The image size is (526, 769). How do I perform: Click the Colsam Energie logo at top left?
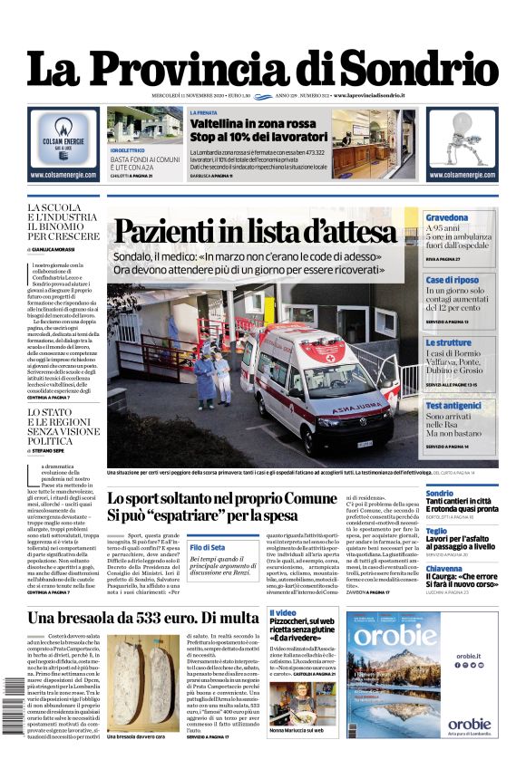(63, 135)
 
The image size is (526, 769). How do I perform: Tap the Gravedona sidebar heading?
(447, 218)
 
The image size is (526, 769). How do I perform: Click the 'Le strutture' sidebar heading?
(449, 343)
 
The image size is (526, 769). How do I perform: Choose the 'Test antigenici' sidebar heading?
(459, 406)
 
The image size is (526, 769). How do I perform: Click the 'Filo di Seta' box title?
(208, 547)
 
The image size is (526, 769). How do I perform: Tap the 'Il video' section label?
(283, 613)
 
